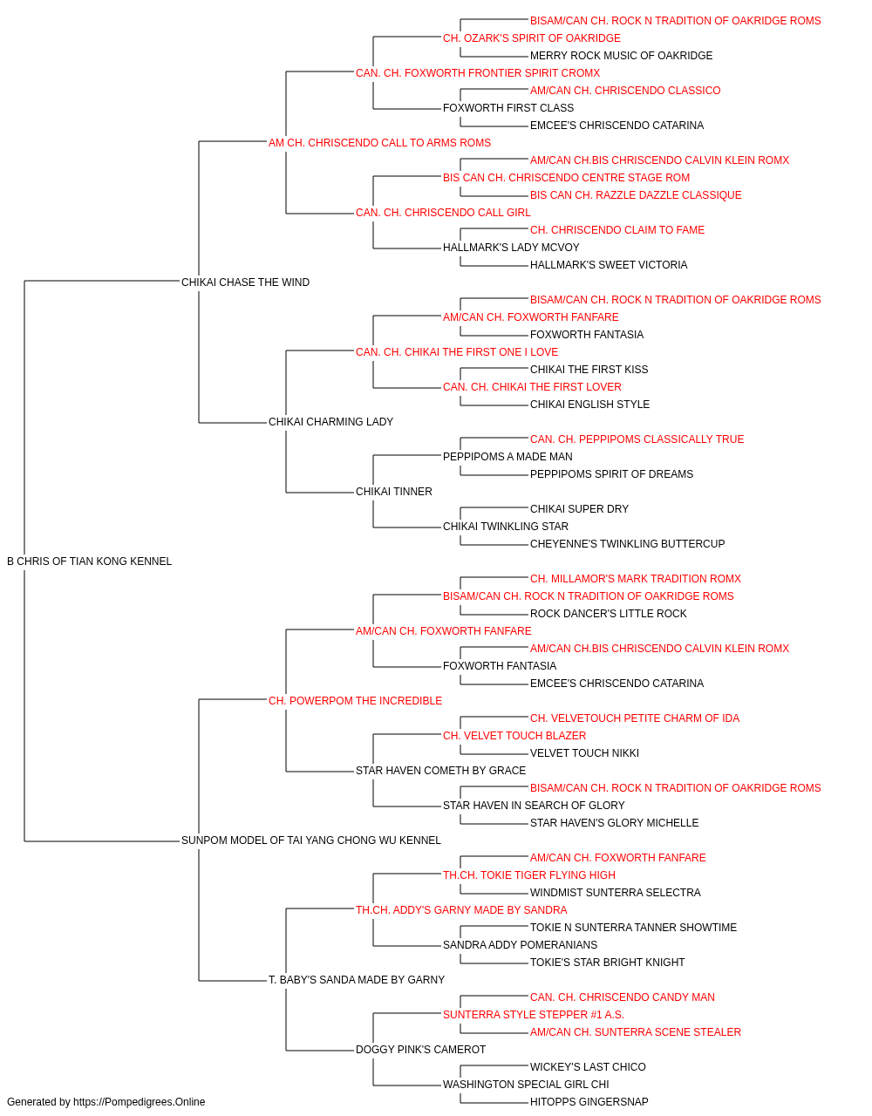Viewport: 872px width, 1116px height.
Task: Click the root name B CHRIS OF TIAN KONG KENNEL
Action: (89, 561)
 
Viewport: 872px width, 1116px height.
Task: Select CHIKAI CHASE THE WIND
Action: (246, 282)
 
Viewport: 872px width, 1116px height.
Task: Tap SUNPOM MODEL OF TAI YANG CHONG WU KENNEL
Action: (311, 840)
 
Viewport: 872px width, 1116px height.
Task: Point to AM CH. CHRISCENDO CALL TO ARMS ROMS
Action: (379, 143)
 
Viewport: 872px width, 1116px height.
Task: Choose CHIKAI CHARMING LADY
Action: (330, 422)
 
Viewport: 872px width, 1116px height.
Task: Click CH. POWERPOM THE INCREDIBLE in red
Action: (356, 700)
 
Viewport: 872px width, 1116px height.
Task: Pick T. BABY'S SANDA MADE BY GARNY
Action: (357, 979)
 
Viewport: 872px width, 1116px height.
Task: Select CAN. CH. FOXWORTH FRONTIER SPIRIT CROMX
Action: (478, 73)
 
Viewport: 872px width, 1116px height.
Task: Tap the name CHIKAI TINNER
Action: (394, 492)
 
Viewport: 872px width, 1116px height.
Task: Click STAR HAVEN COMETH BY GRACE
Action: (440, 771)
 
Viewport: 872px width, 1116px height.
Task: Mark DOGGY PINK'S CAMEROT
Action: (420, 1049)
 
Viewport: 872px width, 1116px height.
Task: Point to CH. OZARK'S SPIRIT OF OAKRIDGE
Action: (532, 38)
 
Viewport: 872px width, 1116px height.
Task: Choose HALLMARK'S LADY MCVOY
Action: (511, 248)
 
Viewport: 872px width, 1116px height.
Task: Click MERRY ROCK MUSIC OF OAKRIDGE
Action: (622, 56)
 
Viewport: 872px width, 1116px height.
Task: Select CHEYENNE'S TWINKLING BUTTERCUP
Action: (628, 544)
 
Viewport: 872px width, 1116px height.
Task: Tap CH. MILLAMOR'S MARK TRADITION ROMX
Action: (636, 579)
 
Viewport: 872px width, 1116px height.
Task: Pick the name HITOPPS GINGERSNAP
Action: (589, 1102)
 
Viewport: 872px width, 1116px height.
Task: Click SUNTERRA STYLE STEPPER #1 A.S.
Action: (534, 1014)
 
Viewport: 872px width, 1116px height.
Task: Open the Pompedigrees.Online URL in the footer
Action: (140, 1102)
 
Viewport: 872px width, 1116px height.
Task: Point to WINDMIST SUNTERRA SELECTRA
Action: (616, 893)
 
